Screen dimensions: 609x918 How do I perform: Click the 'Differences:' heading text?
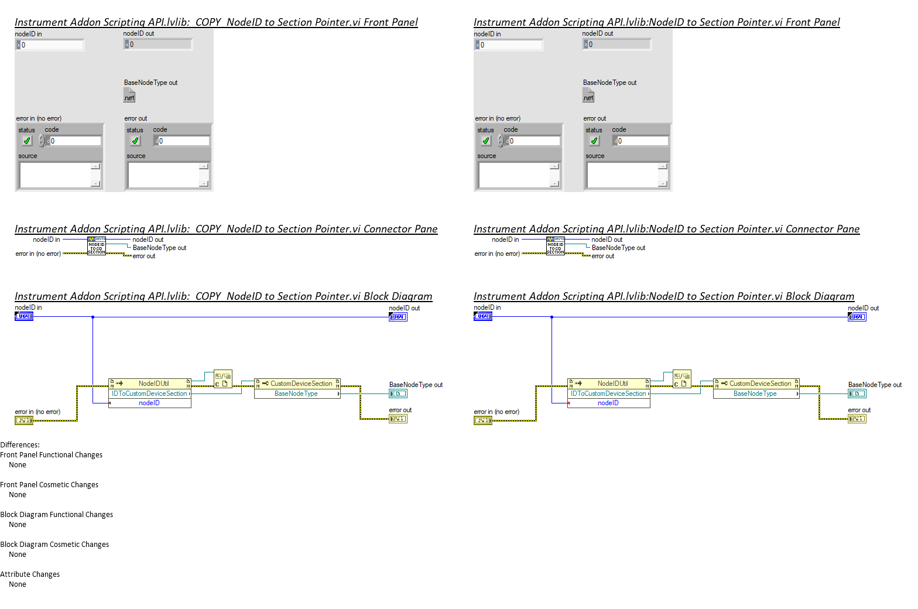[x=20, y=445]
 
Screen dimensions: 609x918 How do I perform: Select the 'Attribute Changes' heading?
[x=30, y=574]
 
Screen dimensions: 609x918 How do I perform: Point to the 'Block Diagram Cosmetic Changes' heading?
[x=54, y=545]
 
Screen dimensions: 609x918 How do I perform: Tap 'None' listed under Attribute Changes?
[x=18, y=584]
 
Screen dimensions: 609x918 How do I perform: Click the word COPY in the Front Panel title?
[x=208, y=22]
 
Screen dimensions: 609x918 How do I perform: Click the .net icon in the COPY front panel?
[x=129, y=96]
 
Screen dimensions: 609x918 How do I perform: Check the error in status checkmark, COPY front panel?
[x=27, y=141]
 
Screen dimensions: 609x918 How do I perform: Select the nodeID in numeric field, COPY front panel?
[x=52, y=45]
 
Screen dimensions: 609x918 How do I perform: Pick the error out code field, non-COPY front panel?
[x=643, y=141]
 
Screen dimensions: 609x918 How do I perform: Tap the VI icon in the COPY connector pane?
[x=97, y=246]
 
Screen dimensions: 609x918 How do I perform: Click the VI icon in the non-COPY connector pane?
[x=556, y=246]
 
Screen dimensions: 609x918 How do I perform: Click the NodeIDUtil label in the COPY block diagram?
[x=153, y=384]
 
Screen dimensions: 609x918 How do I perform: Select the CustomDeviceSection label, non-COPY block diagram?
[x=760, y=384]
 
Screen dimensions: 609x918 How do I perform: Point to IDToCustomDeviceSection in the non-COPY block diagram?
[x=608, y=394]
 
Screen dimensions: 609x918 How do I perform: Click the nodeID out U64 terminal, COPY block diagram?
[x=398, y=317]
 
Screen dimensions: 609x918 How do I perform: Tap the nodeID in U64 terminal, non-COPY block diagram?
[x=483, y=316]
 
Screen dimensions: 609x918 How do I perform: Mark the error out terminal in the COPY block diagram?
[x=398, y=419]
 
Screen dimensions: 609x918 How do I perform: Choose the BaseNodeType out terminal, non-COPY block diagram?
[x=857, y=394]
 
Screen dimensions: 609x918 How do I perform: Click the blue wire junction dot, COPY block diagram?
[x=93, y=317]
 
